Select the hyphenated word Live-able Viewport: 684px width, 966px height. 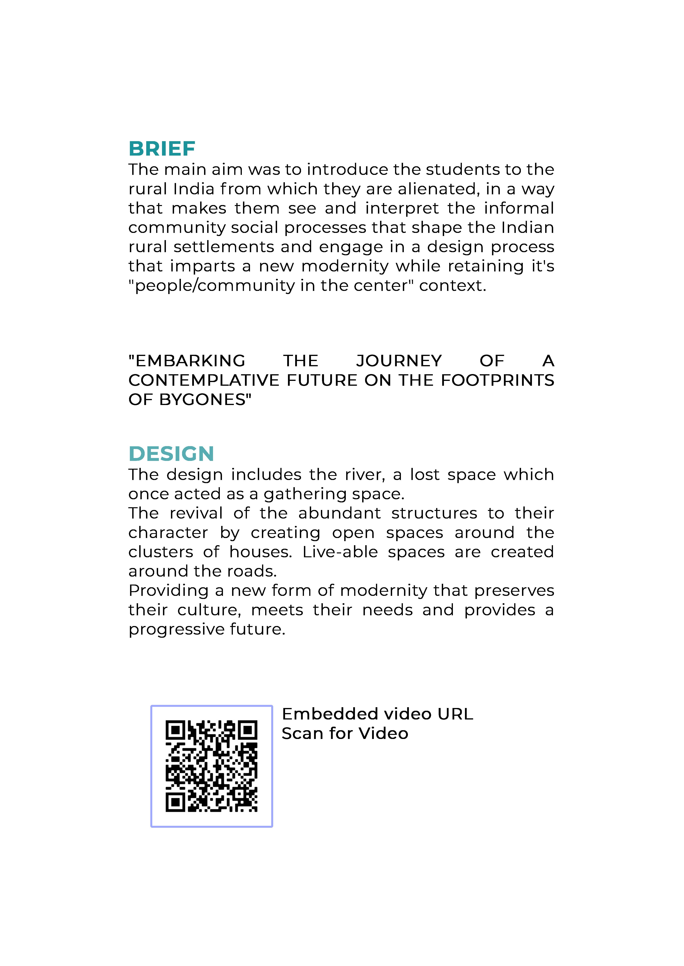point(340,552)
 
